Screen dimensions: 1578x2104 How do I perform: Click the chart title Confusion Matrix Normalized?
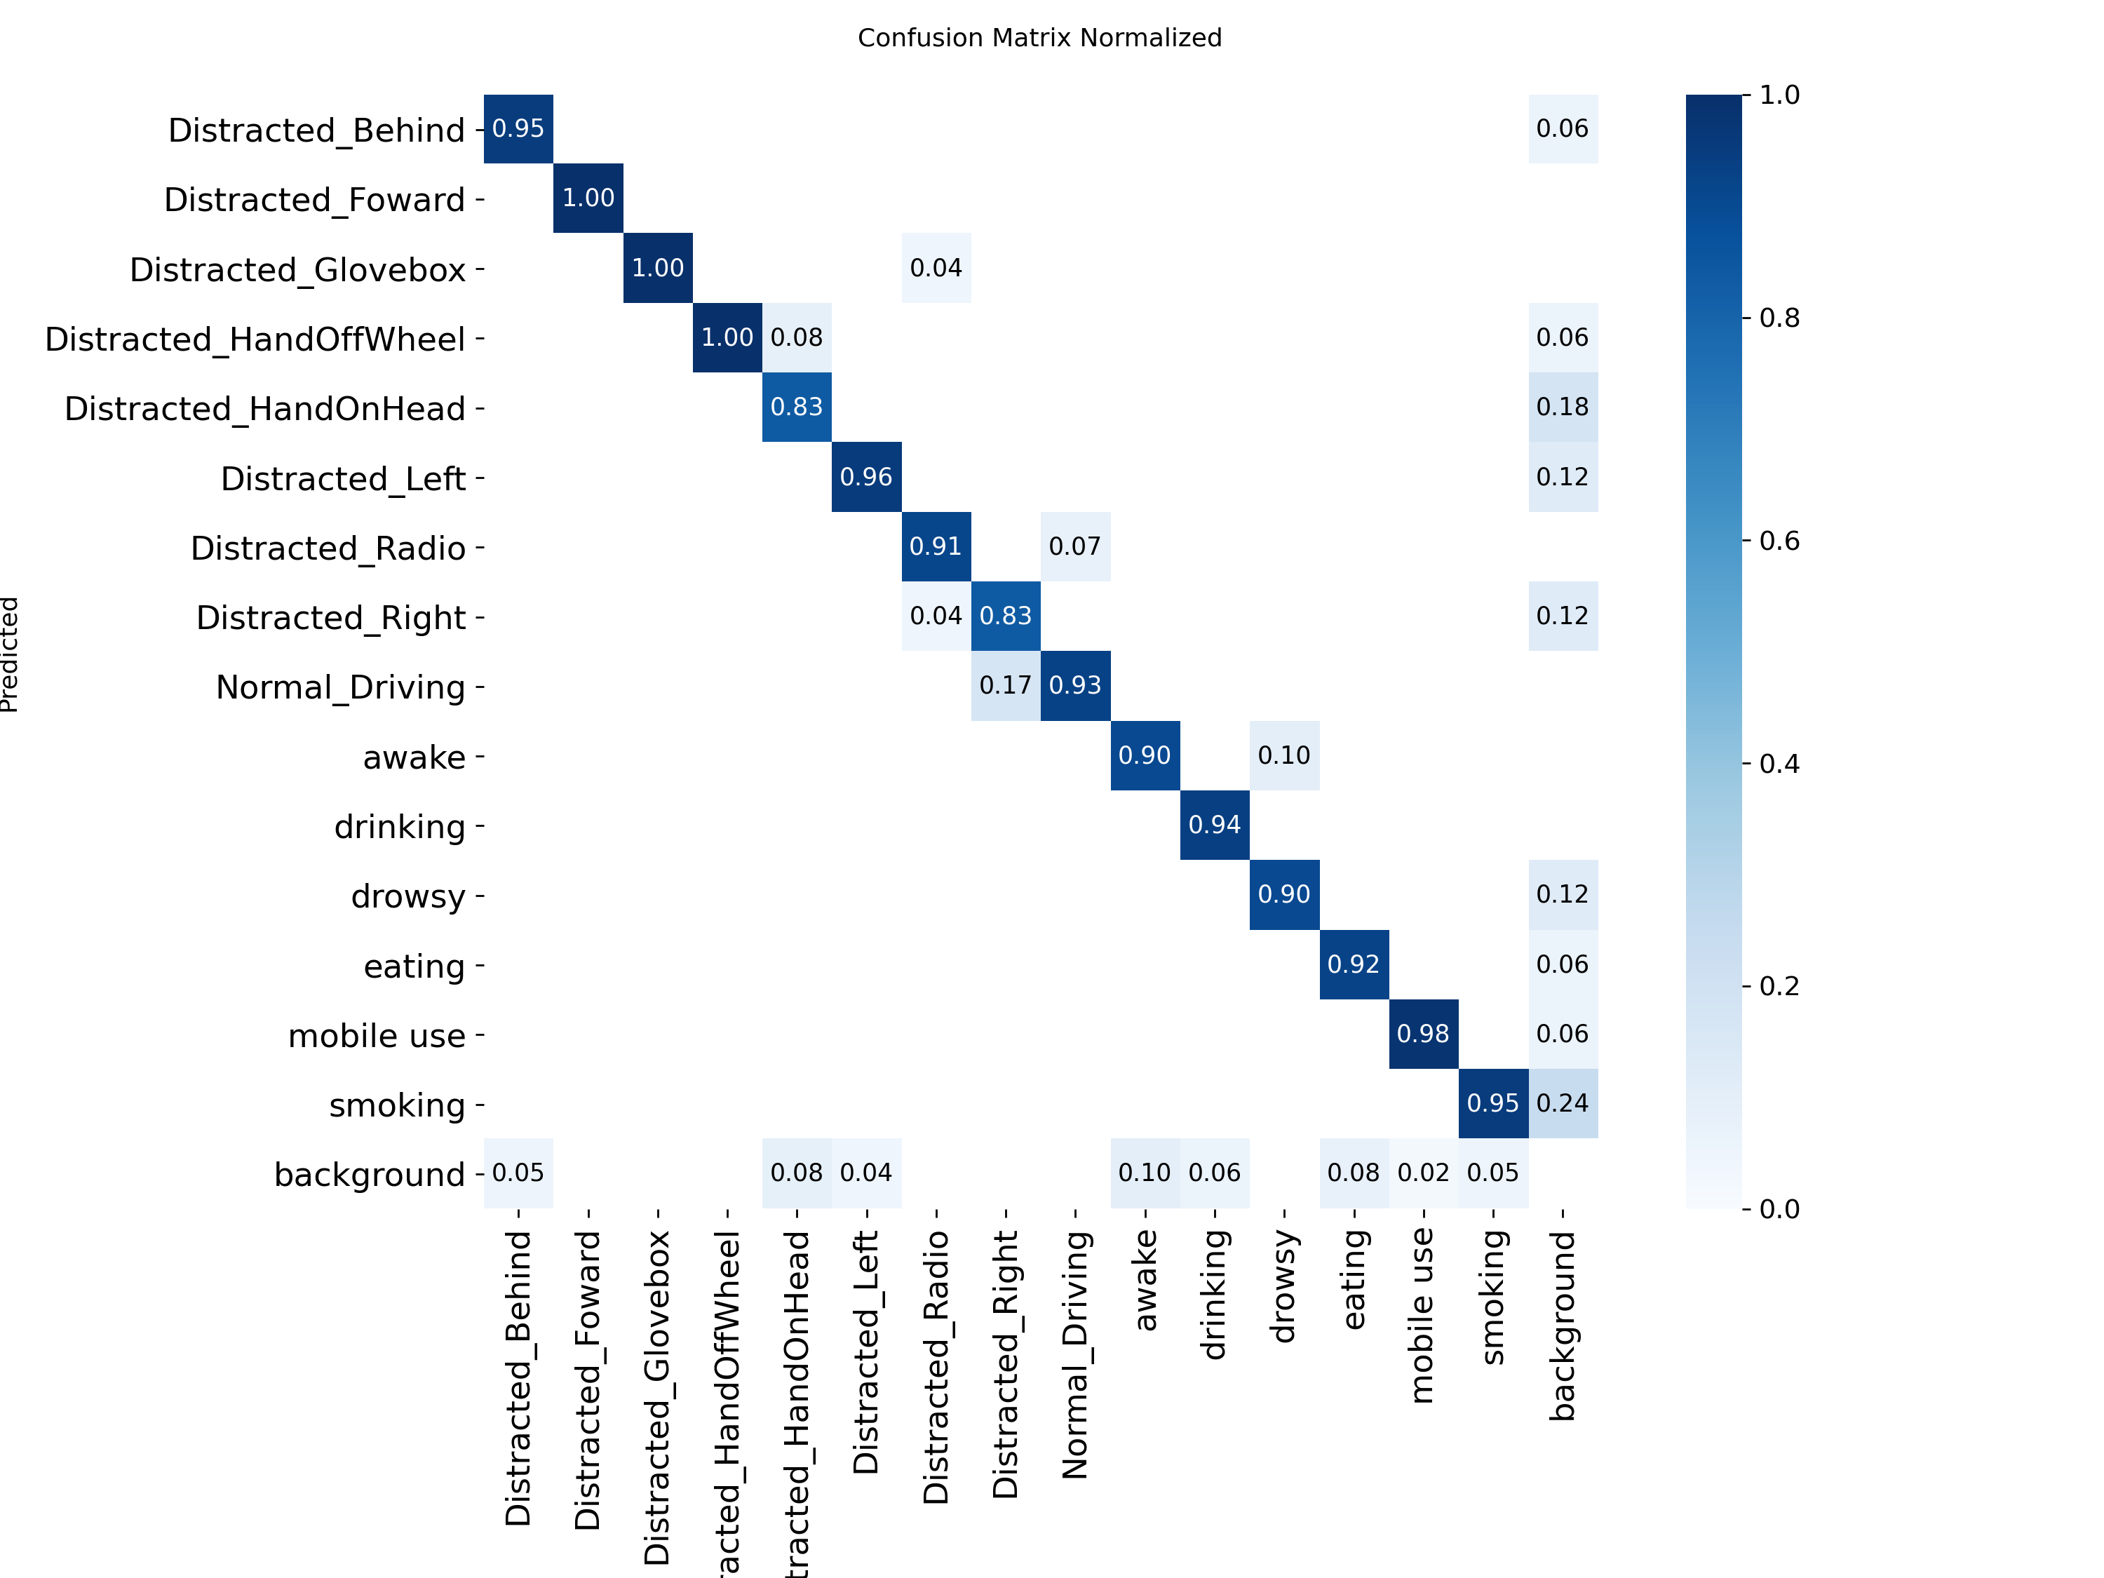click(x=1039, y=38)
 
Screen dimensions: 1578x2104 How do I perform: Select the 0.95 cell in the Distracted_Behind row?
click(x=518, y=128)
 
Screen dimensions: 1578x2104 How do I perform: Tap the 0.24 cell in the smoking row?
click(x=1562, y=1103)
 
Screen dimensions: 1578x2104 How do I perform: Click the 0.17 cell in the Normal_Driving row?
click(x=1006, y=686)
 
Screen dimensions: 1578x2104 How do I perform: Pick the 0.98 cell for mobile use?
click(x=1423, y=1034)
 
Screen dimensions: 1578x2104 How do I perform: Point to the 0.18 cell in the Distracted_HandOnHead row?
click(x=1562, y=407)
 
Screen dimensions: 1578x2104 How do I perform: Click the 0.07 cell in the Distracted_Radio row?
click(x=1075, y=547)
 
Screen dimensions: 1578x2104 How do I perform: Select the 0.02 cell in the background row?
click(x=1423, y=1173)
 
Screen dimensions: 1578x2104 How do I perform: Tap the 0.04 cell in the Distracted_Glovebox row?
click(x=936, y=268)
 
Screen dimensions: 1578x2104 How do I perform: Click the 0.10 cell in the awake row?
click(x=1284, y=755)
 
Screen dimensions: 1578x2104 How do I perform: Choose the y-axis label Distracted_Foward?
click(x=314, y=200)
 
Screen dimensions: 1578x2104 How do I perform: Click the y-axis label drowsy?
click(x=408, y=896)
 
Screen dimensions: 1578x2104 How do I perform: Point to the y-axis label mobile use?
click(x=377, y=1036)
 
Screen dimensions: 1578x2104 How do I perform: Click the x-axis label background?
click(x=1563, y=1324)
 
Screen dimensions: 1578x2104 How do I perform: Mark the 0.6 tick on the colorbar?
click(x=1779, y=541)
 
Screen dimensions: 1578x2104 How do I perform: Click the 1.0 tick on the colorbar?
click(x=1779, y=95)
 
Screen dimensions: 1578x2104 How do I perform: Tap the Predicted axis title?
click(x=10, y=654)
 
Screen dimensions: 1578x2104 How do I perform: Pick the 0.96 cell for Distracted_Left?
click(x=867, y=476)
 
